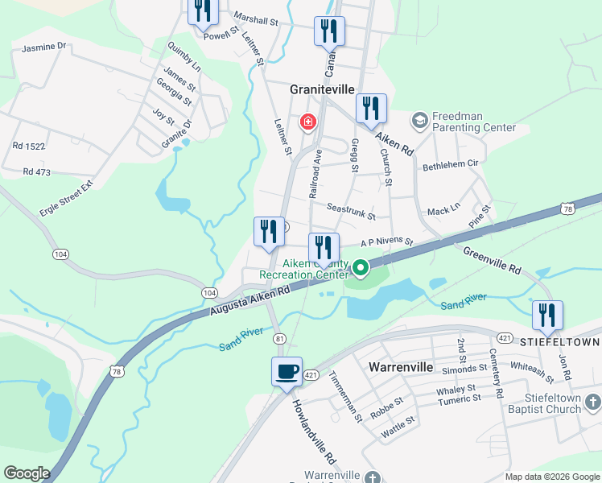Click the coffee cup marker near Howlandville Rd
(287, 372)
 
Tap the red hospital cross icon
(307, 122)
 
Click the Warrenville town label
(402, 367)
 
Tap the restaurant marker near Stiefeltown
(547, 316)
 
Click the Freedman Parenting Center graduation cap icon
(419, 122)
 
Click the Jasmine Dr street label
(43, 47)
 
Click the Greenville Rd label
(493, 261)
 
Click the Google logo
(27, 473)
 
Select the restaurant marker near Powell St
(203, 10)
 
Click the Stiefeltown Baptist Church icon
(593, 401)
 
